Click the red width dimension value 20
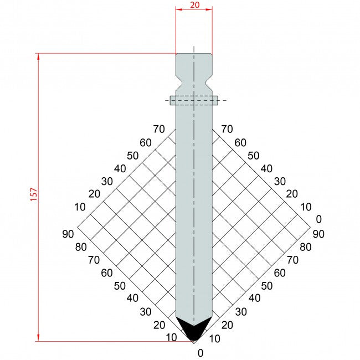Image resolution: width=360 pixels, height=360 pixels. tap(193, 4)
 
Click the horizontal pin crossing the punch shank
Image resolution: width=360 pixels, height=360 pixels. tap(194, 100)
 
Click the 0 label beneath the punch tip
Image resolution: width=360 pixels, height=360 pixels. tap(200, 353)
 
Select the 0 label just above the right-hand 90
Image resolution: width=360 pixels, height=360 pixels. tap(317, 219)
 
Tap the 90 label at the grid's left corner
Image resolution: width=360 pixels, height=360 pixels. tap(68, 234)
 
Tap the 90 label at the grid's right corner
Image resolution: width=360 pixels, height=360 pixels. tap(318, 234)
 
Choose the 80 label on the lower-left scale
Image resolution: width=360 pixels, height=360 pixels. tap(81, 247)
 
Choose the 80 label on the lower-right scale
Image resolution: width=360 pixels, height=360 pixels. tap(305, 247)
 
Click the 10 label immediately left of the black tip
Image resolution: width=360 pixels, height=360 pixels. tap(172, 337)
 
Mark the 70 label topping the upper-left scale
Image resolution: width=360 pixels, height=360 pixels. tap(159, 130)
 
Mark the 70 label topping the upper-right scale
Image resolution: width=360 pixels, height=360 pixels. tap(227, 130)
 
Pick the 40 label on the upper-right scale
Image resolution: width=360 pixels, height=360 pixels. tap(266, 168)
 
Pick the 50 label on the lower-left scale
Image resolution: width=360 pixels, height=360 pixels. tap(120, 286)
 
